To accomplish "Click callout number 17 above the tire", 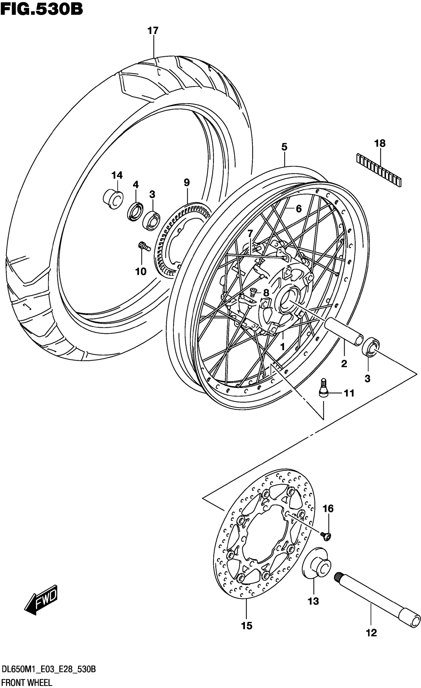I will (153, 31).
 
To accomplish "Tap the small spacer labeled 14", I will (113, 199).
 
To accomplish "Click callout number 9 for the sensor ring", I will (186, 183).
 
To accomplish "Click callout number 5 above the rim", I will (284, 147).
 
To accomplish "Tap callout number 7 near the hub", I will (250, 233).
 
